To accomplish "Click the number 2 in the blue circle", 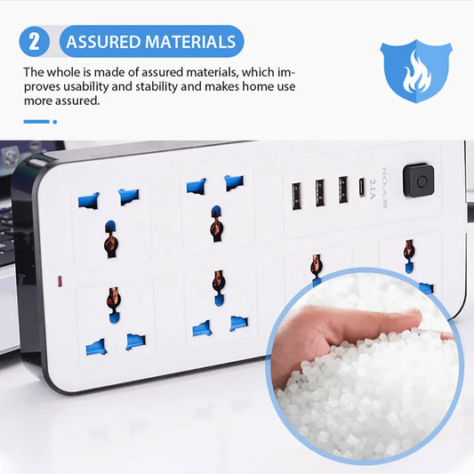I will coord(34,41).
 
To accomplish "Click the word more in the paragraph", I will coord(40,101).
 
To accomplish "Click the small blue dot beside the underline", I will coord(53,121).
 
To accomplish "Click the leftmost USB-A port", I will coord(295,193).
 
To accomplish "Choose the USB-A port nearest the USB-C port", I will coord(342,189).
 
